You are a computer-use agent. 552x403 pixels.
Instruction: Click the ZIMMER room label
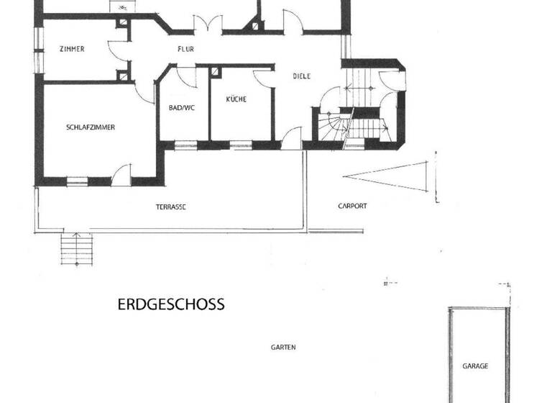pyautogui.click(x=72, y=49)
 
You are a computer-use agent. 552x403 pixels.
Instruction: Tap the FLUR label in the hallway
pyautogui.click(x=187, y=49)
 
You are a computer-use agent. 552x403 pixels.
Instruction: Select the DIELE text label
pyautogui.click(x=301, y=76)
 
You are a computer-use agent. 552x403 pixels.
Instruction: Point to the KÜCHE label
pyautogui.click(x=236, y=99)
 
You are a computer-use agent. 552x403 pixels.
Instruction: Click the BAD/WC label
pyautogui.click(x=182, y=108)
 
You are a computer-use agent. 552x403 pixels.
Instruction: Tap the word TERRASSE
pyautogui.click(x=171, y=207)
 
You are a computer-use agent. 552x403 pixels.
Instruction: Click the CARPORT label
pyautogui.click(x=352, y=206)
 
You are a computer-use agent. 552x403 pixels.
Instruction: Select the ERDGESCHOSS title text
pyautogui.click(x=171, y=304)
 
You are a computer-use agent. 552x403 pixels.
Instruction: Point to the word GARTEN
pyautogui.click(x=283, y=347)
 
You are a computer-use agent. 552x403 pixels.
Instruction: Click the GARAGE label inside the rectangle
pyautogui.click(x=474, y=366)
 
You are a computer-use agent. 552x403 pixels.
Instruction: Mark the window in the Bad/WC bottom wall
pyautogui.click(x=185, y=146)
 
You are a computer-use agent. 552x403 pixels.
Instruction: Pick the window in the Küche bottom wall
pyautogui.click(x=241, y=146)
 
